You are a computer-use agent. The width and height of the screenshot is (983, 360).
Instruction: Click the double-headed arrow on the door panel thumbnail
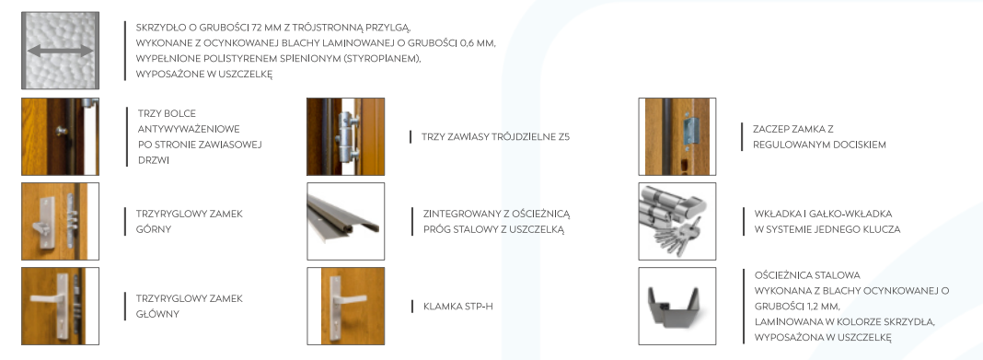(x=60, y=51)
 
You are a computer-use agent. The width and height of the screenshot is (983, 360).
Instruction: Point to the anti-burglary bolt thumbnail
(x=60, y=136)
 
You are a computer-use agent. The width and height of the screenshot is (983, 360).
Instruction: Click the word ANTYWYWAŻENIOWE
(x=189, y=129)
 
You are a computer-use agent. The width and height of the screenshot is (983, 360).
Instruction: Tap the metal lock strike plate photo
(x=689, y=132)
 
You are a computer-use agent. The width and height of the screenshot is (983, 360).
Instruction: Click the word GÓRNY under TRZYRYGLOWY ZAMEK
(x=154, y=229)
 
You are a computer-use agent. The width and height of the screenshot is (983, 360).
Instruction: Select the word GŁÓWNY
(x=158, y=314)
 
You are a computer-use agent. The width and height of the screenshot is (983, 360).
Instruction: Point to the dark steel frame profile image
(x=677, y=306)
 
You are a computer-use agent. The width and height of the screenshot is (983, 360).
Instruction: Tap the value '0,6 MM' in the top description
(x=475, y=43)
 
